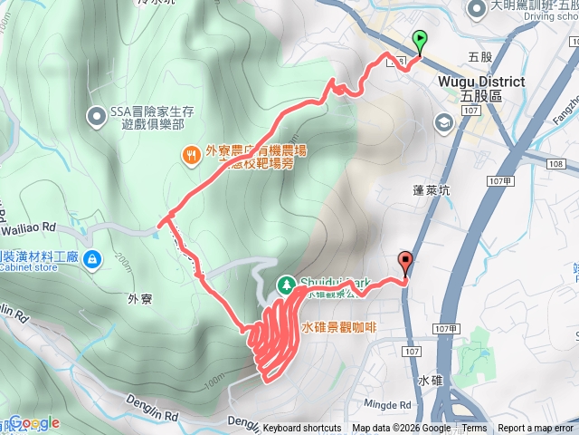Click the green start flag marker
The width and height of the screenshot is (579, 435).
(420, 39)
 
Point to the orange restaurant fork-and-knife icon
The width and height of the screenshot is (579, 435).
(191, 155)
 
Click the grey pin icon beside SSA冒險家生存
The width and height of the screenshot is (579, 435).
(97, 116)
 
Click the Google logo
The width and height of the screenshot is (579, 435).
(34, 422)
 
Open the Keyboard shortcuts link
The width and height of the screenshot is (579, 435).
(302, 429)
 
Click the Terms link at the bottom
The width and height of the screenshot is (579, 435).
(474, 429)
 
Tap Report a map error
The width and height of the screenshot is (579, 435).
(536, 429)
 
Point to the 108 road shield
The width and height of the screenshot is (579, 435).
(555, 164)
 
